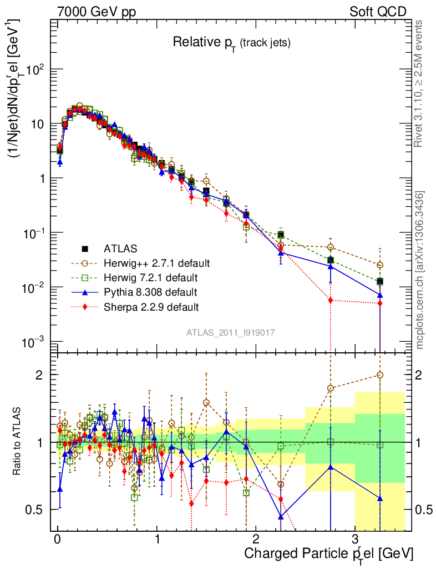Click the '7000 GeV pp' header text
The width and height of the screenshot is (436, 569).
97,12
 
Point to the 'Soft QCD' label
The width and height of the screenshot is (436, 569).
377,12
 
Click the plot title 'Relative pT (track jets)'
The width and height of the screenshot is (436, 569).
231,42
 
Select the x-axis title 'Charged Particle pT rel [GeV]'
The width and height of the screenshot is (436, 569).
328,553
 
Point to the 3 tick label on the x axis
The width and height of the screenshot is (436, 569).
354,540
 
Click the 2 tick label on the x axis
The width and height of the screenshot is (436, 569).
256,540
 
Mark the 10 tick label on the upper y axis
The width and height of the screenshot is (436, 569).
37,124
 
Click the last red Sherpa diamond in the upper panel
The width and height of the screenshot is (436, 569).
380,303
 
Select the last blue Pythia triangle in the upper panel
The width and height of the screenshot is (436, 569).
380,295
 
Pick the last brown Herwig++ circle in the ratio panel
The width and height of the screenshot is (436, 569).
380,375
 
